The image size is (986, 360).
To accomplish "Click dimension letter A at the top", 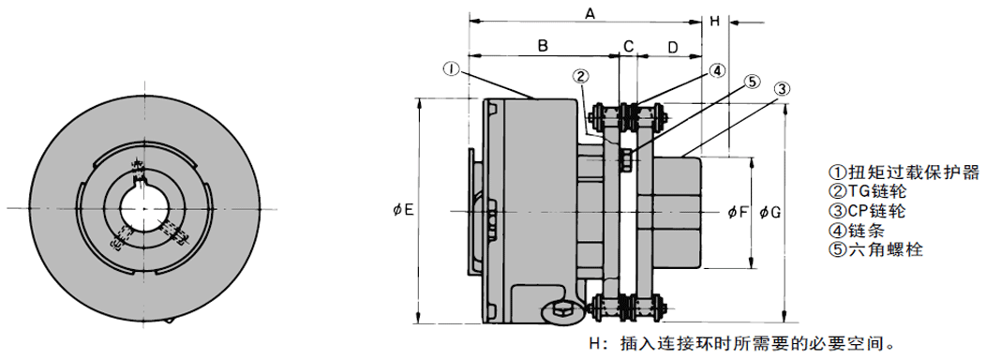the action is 590,12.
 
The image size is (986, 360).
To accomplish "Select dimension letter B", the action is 543,46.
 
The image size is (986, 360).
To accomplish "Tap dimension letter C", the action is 628,46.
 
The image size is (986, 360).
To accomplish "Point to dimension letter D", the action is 672,47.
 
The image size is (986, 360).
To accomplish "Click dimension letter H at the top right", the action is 714,22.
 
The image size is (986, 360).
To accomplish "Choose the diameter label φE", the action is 403,210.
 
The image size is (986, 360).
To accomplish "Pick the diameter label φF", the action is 738,212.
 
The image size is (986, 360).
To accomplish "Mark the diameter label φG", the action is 769,212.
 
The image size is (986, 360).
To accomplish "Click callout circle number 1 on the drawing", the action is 452,68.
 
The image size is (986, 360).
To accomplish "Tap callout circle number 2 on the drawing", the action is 580,77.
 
